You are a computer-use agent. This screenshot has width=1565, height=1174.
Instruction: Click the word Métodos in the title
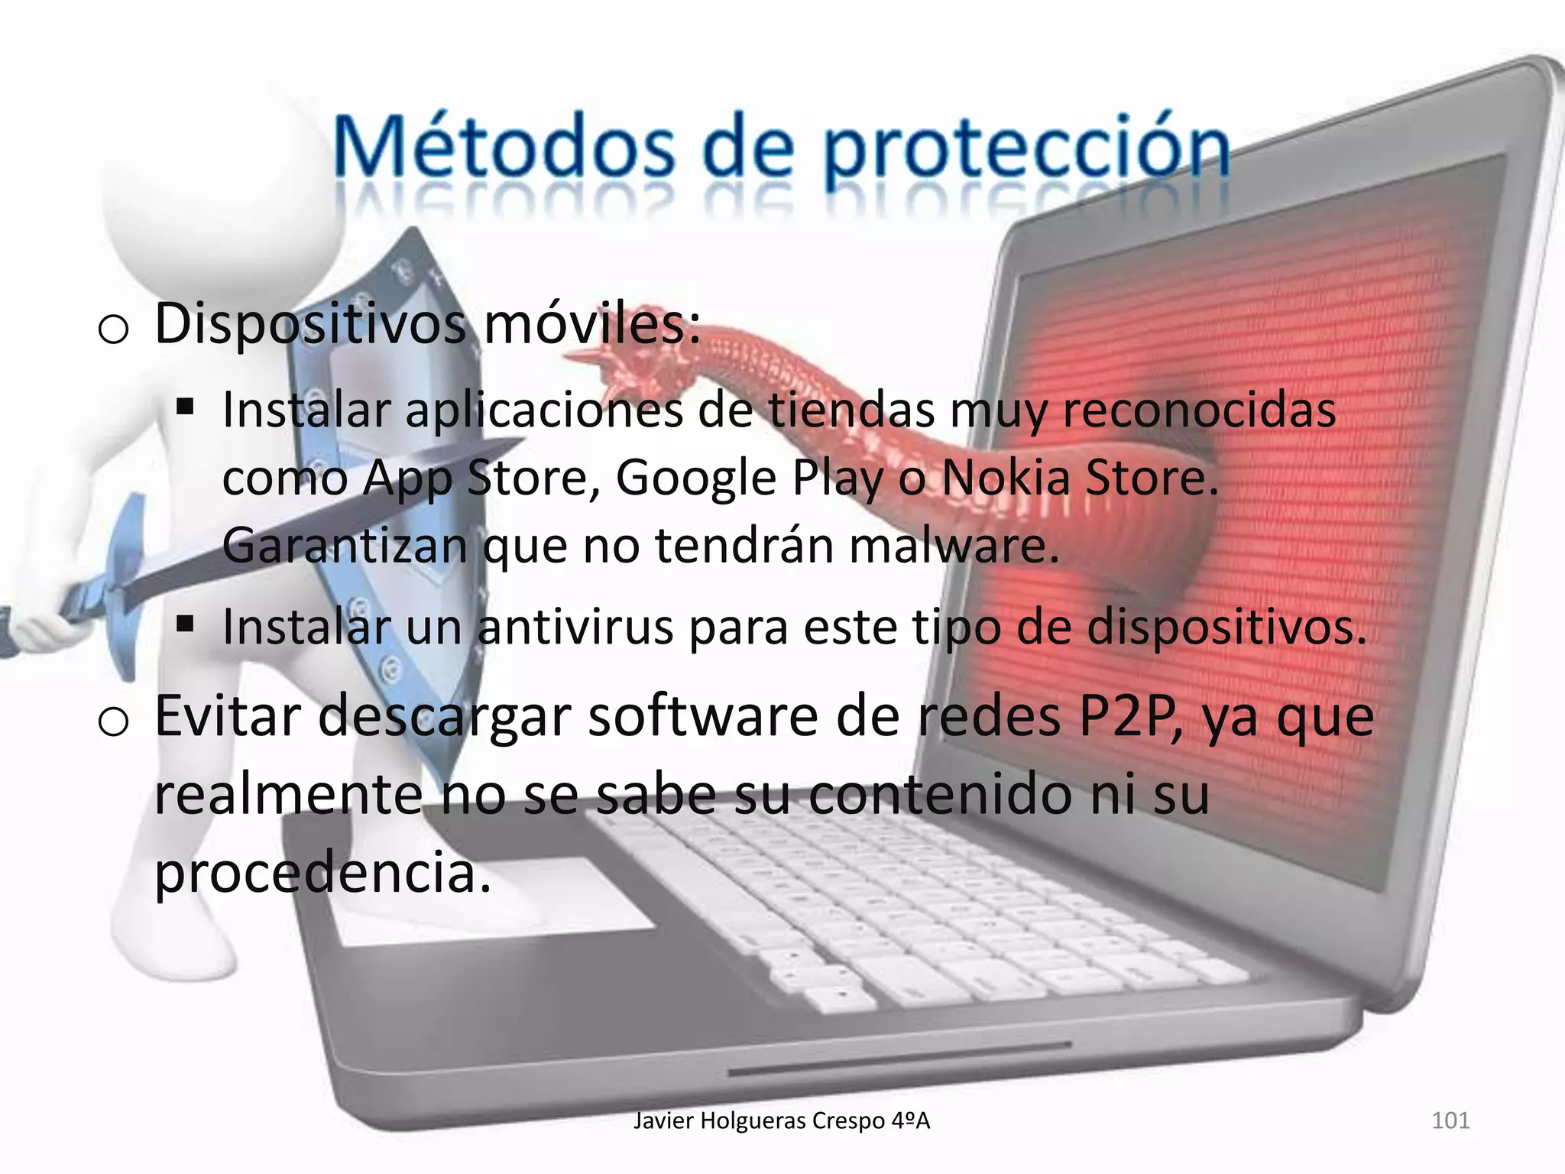[505, 146]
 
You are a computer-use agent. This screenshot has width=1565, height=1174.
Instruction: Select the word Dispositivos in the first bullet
[309, 324]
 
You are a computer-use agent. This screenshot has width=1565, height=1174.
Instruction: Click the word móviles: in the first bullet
[592, 324]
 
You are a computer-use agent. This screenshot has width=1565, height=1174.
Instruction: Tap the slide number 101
[1450, 1120]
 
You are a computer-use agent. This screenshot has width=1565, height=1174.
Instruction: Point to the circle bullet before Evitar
[113, 722]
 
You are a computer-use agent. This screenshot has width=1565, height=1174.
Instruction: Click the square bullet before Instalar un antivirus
[184, 624]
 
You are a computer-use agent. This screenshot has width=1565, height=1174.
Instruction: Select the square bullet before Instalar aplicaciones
[184, 406]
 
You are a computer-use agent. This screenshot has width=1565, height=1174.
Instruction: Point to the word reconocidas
[1199, 410]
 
